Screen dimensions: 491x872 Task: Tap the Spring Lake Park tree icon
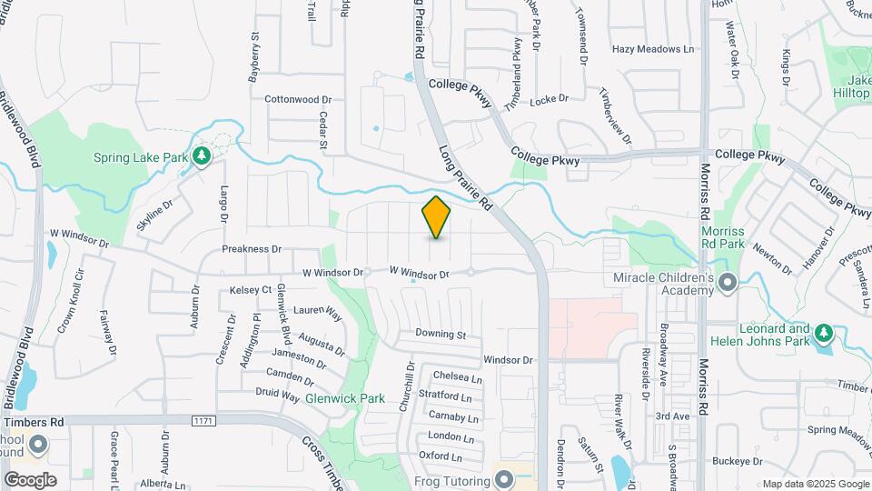tap(202, 157)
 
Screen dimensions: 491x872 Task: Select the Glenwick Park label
tap(345, 398)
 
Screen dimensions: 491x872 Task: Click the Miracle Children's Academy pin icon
tap(727, 284)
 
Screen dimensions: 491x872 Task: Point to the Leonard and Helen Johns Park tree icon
tap(823, 334)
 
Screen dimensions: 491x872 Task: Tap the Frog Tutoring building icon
tap(505, 477)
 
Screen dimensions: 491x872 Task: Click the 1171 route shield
tap(203, 420)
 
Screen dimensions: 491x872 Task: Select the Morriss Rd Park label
tap(723, 238)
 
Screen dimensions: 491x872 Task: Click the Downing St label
tap(441, 335)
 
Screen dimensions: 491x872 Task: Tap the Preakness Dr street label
tap(252, 248)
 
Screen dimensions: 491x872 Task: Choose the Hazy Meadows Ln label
tap(652, 49)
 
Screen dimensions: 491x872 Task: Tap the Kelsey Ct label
tap(251, 290)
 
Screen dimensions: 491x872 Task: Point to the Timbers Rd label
tap(33, 422)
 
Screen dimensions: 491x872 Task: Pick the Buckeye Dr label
tap(738, 462)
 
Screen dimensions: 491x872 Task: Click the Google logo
tap(30, 479)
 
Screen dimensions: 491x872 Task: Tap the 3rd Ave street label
tap(673, 416)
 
